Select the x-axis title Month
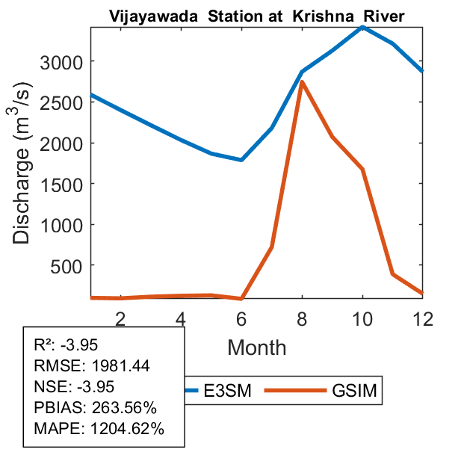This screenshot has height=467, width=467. [256, 347]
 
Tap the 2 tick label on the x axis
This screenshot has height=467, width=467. [120, 319]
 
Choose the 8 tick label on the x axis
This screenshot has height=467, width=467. [302, 319]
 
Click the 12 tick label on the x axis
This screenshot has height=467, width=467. [422, 319]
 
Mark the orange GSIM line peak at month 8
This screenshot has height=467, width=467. [302, 81]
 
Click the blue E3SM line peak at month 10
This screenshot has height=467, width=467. [362, 27]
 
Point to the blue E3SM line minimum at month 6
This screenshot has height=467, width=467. [241, 160]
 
